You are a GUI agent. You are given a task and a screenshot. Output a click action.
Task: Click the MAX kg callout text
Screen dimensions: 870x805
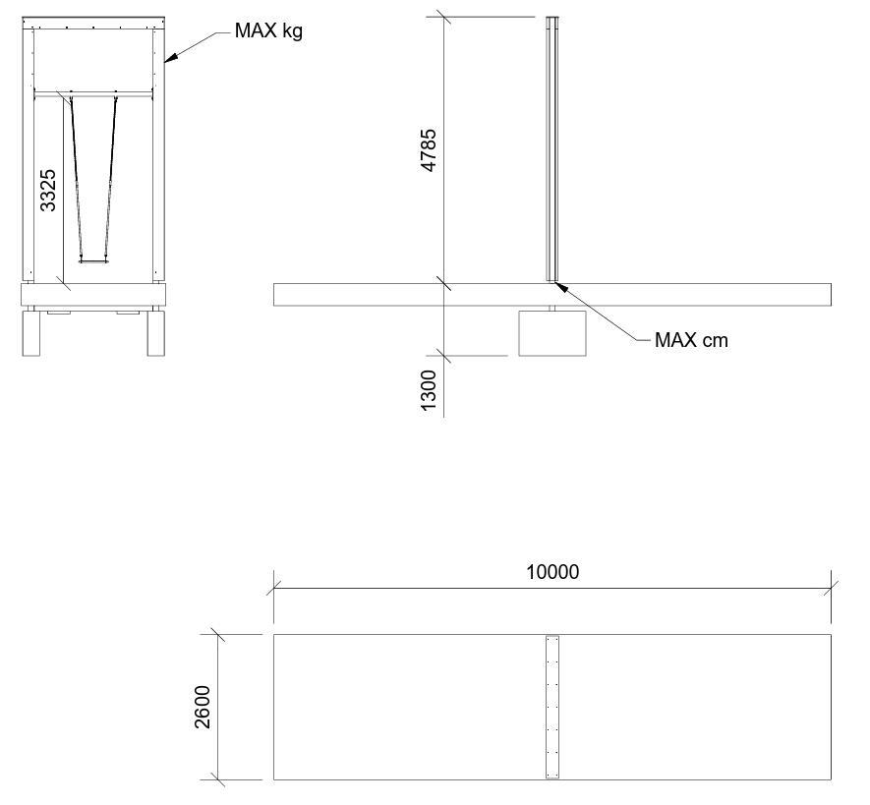tap(268, 30)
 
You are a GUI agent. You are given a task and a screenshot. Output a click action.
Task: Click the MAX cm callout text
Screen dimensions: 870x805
tap(691, 339)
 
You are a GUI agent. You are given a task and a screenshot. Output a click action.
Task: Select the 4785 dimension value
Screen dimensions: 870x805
tap(429, 150)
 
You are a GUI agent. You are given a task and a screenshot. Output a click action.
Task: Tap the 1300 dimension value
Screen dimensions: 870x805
tap(429, 390)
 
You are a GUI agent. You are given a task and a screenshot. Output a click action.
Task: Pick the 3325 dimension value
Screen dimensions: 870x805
tap(48, 191)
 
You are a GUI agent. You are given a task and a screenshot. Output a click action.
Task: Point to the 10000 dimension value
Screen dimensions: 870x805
tap(552, 571)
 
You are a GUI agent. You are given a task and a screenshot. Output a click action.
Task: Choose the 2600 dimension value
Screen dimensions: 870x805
tap(203, 707)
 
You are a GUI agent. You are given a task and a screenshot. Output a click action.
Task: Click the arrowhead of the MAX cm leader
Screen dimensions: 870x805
tap(561, 287)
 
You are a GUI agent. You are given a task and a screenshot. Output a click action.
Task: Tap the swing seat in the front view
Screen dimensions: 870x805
tap(92, 259)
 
